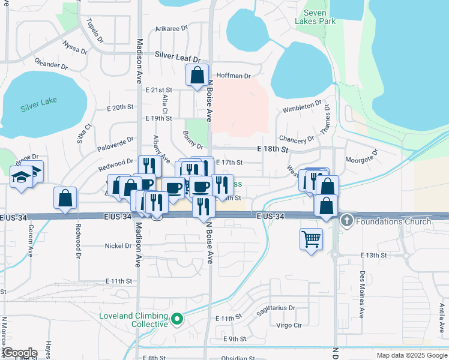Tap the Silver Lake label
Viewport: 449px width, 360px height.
(x=38, y=103)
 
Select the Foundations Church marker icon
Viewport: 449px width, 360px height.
(x=346, y=221)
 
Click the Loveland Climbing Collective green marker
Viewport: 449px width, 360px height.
(x=177, y=319)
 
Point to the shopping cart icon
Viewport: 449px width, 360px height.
(x=311, y=239)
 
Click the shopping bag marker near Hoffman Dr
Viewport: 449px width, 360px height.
(x=197, y=76)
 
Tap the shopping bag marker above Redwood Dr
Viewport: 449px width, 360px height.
(x=65, y=198)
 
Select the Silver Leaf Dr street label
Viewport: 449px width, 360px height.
(x=178, y=55)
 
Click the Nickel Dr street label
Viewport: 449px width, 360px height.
(x=118, y=246)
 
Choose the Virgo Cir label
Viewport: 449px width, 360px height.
(x=288, y=325)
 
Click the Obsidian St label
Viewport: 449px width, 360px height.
(x=238, y=358)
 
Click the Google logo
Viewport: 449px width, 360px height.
(x=20, y=353)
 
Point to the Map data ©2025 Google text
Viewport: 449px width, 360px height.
(x=412, y=355)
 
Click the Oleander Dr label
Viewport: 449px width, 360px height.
(x=51, y=64)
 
